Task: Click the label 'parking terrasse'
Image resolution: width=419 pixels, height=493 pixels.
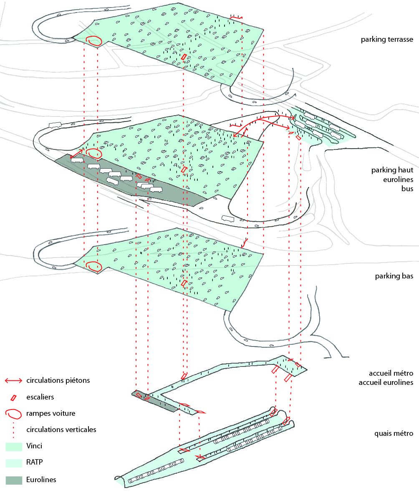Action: tap(387, 39)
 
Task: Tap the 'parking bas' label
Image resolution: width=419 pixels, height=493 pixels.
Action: tap(394, 276)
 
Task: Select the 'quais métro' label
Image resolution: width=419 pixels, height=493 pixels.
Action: tap(394, 433)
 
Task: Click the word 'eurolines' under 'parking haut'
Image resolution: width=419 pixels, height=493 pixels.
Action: tap(398, 179)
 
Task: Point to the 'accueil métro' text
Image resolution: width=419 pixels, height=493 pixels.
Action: tap(391, 373)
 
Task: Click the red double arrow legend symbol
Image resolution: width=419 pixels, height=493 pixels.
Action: tap(13, 381)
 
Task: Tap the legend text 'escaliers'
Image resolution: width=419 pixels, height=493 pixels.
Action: tap(40, 397)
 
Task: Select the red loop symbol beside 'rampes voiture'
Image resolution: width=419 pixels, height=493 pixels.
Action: tap(13, 414)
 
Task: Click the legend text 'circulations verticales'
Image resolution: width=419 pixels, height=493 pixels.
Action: tap(61, 430)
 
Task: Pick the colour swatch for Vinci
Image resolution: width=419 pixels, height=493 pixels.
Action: tap(14, 447)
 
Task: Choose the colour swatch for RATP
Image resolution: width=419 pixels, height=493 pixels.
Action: tap(14, 463)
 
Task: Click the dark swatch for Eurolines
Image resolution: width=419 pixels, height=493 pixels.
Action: tap(14, 480)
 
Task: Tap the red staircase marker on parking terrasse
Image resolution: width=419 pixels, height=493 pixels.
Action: tap(184, 57)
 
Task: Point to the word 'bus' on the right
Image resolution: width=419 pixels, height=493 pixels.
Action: tap(407, 189)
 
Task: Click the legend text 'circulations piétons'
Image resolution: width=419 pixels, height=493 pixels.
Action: tap(58, 380)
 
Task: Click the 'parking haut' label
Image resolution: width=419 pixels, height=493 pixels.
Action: tap(392, 170)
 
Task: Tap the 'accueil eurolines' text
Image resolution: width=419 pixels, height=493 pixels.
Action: tap(386, 382)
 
